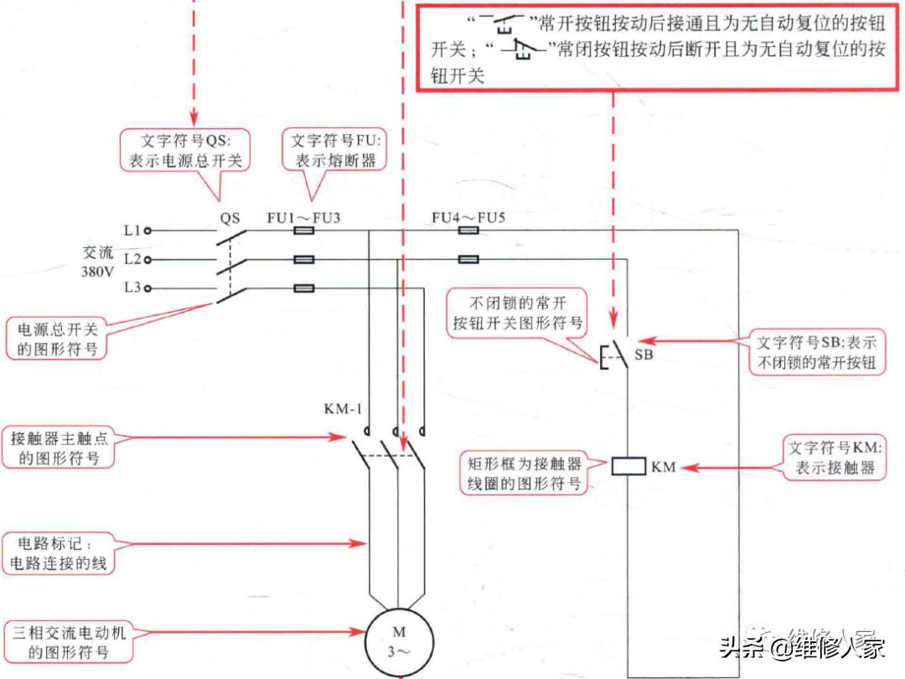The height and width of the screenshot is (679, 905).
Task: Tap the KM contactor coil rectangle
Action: click(628, 467)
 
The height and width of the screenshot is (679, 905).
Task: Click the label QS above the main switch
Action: click(230, 218)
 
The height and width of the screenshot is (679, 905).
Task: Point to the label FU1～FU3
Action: click(303, 218)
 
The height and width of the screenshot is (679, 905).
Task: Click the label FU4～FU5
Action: click(468, 218)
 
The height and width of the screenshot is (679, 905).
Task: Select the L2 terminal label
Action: click(132, 260)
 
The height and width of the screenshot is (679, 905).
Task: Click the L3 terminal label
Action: click(132, 288)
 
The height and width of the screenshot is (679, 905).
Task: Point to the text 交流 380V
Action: click(97, 261)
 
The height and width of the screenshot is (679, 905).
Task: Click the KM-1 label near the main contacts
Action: click(344, 410)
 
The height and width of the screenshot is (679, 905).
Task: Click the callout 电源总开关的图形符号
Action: click(58, 338)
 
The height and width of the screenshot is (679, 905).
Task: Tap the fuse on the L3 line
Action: click(304, 288)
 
